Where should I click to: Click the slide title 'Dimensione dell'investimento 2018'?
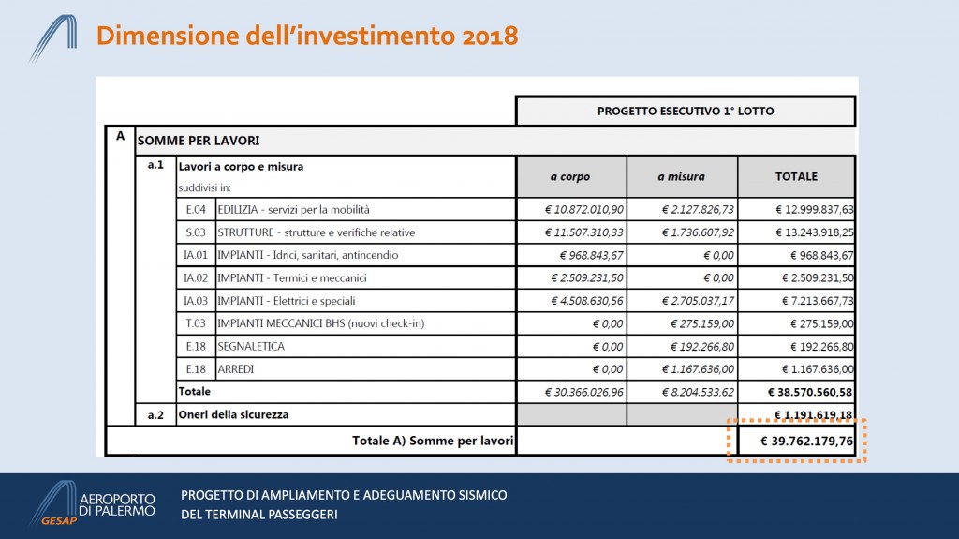pos(307,37)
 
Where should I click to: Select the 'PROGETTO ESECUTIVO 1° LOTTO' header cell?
pos(686,112)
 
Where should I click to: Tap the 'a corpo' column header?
pos(570,176)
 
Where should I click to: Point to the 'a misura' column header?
pos(681,176)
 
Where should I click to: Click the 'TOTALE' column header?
pos(796,176)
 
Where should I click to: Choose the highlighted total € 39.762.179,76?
pos(796,441)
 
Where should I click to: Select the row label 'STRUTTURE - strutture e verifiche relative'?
pos(316,232)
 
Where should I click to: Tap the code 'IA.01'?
pos(196,255)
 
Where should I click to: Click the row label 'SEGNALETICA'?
pos(251,347)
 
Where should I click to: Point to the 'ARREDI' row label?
pos(236,369)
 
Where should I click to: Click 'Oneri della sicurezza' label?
pos(233,414)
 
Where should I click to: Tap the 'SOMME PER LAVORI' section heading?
pos(199,141)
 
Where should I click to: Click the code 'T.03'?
pos(196,323)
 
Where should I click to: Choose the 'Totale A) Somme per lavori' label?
pos(432,441)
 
